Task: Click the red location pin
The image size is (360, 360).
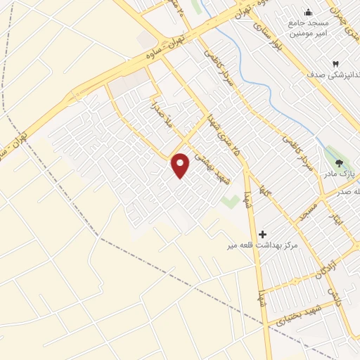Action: [x=181, y=165]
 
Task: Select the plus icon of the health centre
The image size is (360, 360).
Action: [x=263, y=234]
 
